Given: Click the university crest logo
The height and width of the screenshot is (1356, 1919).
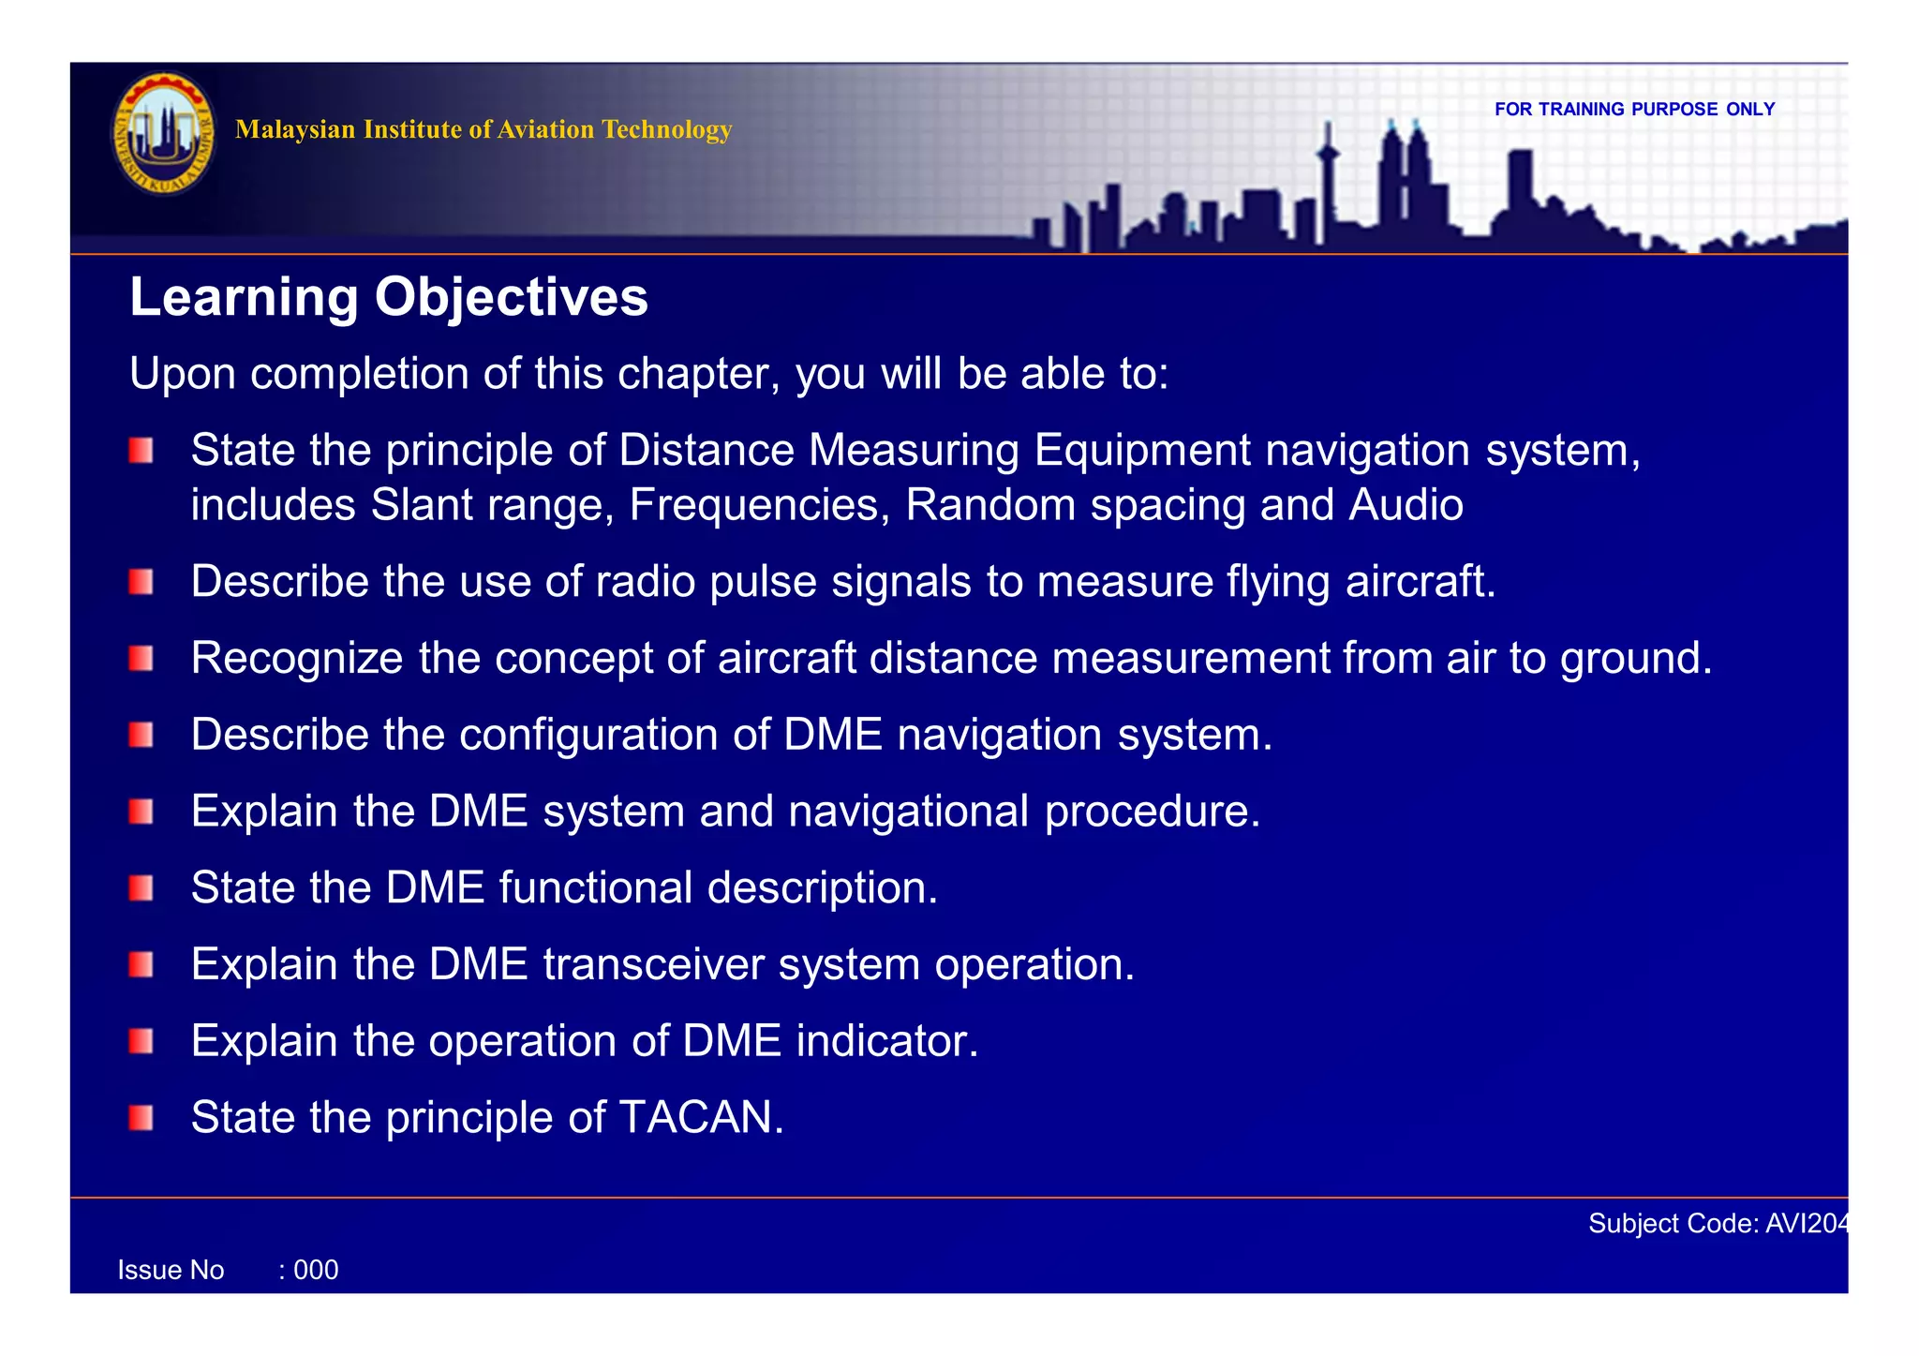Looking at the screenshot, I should click(x=164, y=134).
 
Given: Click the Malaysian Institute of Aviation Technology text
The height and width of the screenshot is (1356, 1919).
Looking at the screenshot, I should click(x=483, y=129).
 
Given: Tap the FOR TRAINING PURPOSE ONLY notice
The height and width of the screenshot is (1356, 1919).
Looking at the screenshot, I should click(x=1634, y=110).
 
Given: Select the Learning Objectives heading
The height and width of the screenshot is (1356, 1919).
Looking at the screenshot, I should click(x=388, y=297).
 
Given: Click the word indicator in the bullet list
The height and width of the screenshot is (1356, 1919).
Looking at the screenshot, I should click(x=886, y=1040).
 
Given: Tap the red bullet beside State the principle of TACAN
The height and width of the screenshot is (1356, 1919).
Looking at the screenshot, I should click(x=141, y=1117).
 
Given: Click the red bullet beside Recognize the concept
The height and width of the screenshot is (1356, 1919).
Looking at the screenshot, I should click(x=141, y=659).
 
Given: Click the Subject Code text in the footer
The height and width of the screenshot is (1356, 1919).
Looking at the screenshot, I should click(x=1717, y=1223).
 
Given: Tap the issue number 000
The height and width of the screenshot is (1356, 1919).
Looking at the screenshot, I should click(x=315, y=1270).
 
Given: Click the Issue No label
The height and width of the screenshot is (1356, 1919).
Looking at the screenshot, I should click(x=171, y=1270).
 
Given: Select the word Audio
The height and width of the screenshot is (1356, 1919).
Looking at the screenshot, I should click(x=1406, y=505).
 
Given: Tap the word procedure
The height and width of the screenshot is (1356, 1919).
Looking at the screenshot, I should click(x=1152, y=812).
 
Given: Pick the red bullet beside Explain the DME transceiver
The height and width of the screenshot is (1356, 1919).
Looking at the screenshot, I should click(x=141, y=964).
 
